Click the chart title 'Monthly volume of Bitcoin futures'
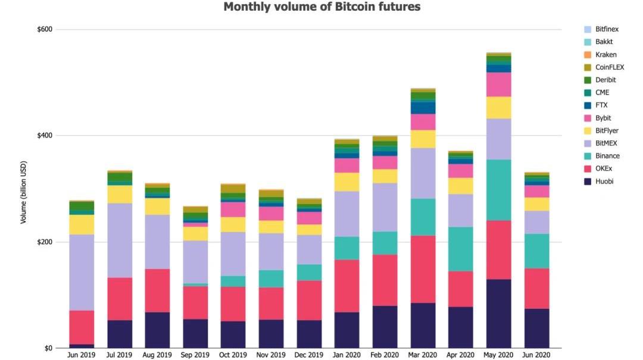[x=321, y=7]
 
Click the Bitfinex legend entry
[x=607, y=29]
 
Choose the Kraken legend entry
[x=605, y=55]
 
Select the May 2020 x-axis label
[x=498, y=355]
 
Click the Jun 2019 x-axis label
[x=82, y=355]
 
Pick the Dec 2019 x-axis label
[x=310, y=355]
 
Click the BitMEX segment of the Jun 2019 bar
[x=82, y=272]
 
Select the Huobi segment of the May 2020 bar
[x=498, y=314]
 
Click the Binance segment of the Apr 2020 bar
[x=461, y=249]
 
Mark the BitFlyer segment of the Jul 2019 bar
[x=120, y=195]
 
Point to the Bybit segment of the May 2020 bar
[x=498, y=84]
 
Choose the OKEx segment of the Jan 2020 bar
[x=347, y=286]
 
